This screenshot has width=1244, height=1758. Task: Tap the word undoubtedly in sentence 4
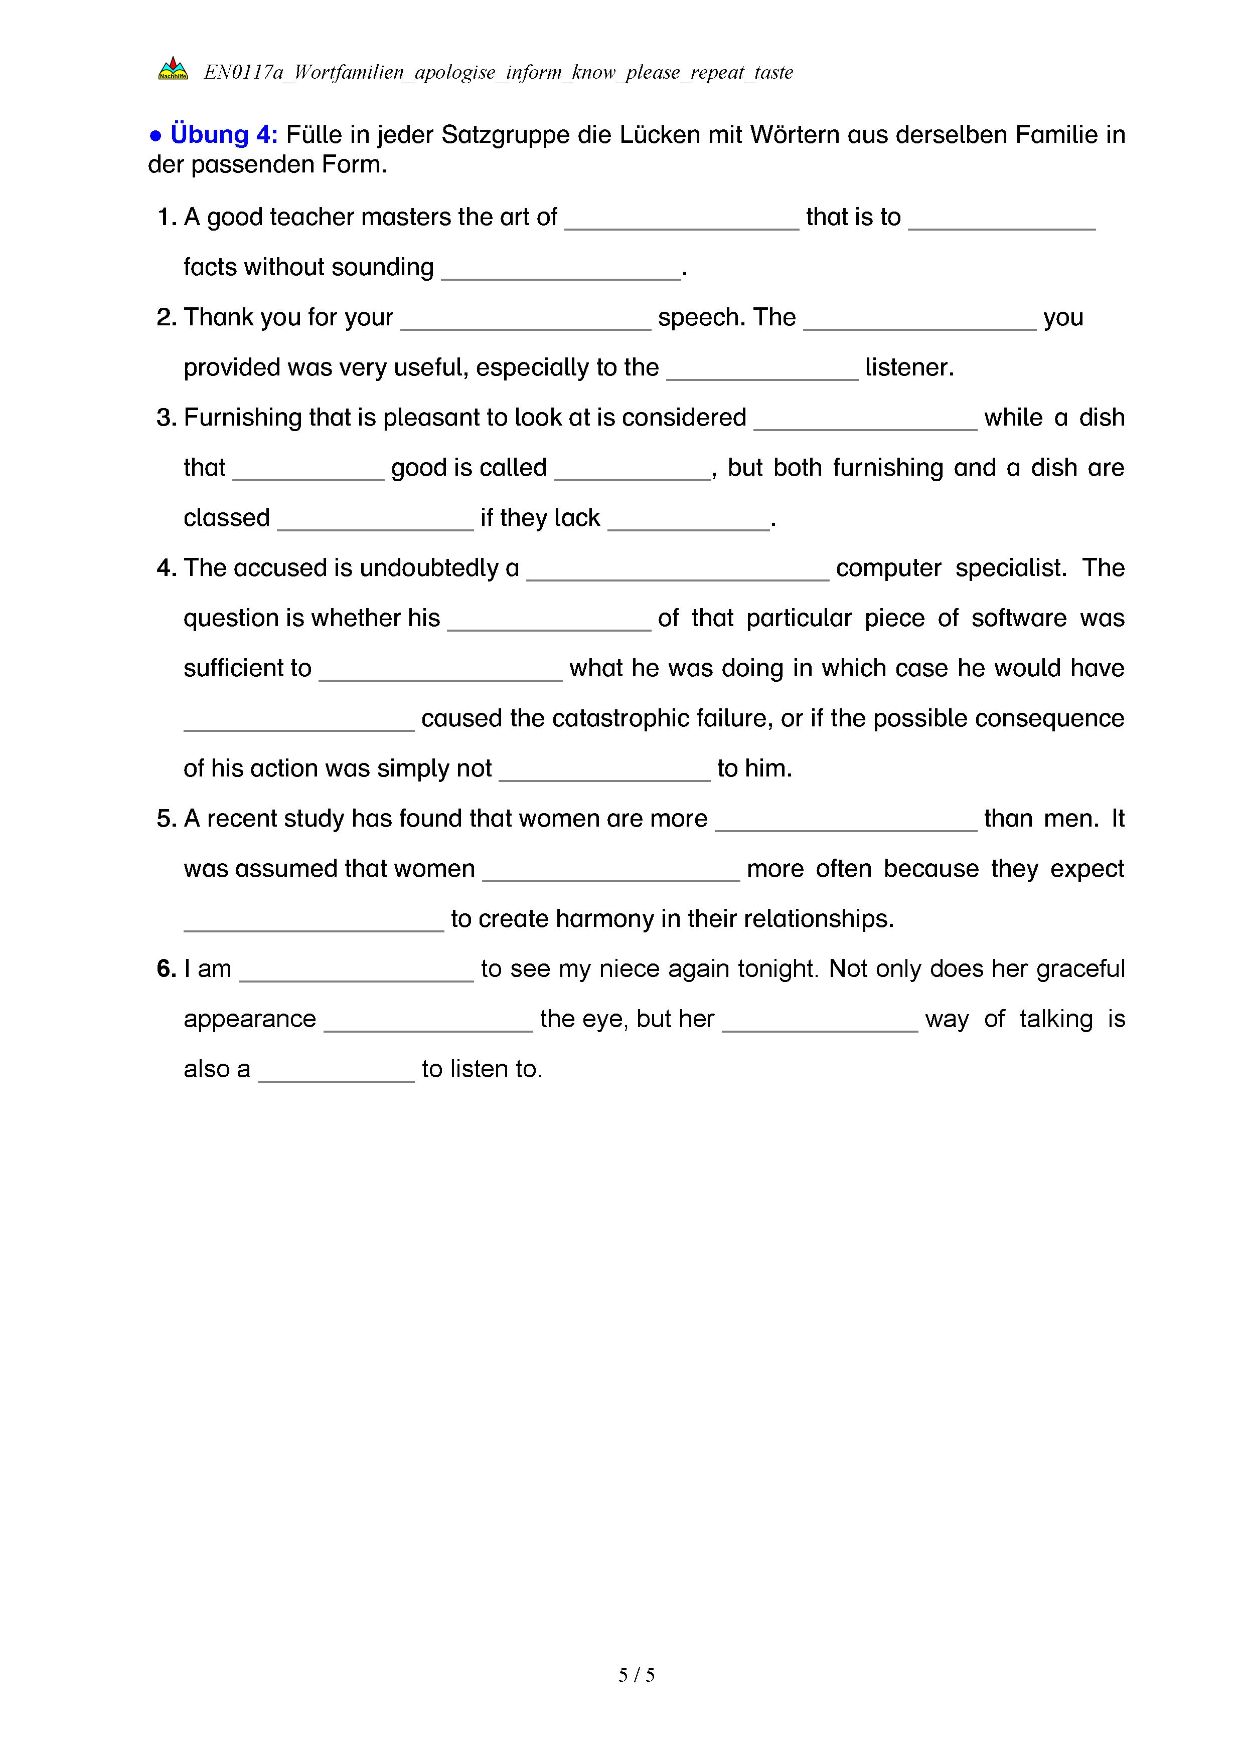click(x=429, y=568)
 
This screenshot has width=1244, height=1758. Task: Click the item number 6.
click(x=166, y=969)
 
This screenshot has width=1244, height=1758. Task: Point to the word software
click(x=1019, y=618)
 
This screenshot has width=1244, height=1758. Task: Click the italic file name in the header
click(x=498, y=73)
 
